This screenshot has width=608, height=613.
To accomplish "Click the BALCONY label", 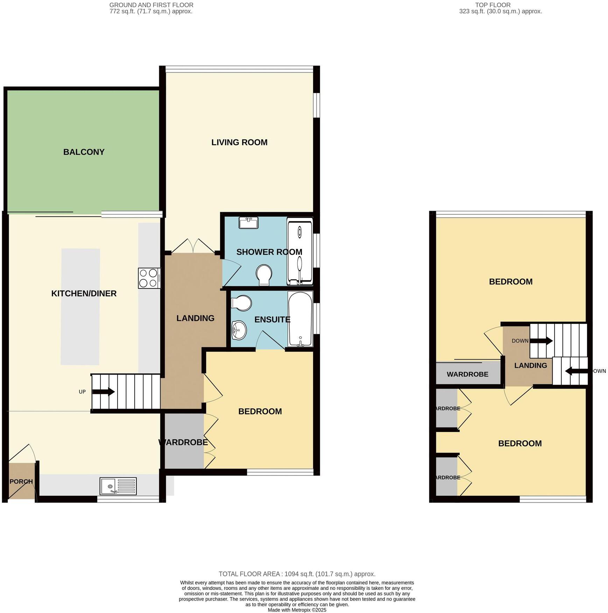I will point(84,152).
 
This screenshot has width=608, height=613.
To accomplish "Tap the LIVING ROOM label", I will point(239,142).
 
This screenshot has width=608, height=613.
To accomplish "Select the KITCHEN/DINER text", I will point(84,294).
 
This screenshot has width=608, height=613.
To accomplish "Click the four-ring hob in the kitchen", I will point(149,278).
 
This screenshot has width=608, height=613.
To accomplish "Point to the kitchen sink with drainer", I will point(118,486).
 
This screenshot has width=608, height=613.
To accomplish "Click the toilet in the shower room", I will point(264,274).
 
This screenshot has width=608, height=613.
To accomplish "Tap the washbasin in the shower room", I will point(248,223).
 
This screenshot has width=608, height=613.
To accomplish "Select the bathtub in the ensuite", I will point(300,319).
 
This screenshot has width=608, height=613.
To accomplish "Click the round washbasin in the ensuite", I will point(239,330).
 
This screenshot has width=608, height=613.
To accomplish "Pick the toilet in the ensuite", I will point(242,303).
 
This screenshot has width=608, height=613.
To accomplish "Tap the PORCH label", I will point(21,482).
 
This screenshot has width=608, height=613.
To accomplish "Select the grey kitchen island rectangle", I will point(80,307).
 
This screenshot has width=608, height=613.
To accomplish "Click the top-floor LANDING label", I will point(530,365).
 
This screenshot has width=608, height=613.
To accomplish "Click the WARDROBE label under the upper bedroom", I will point(467,374).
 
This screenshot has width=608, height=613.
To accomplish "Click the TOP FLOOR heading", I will point(493,5).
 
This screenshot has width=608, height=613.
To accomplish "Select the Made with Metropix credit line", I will point(297,610).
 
